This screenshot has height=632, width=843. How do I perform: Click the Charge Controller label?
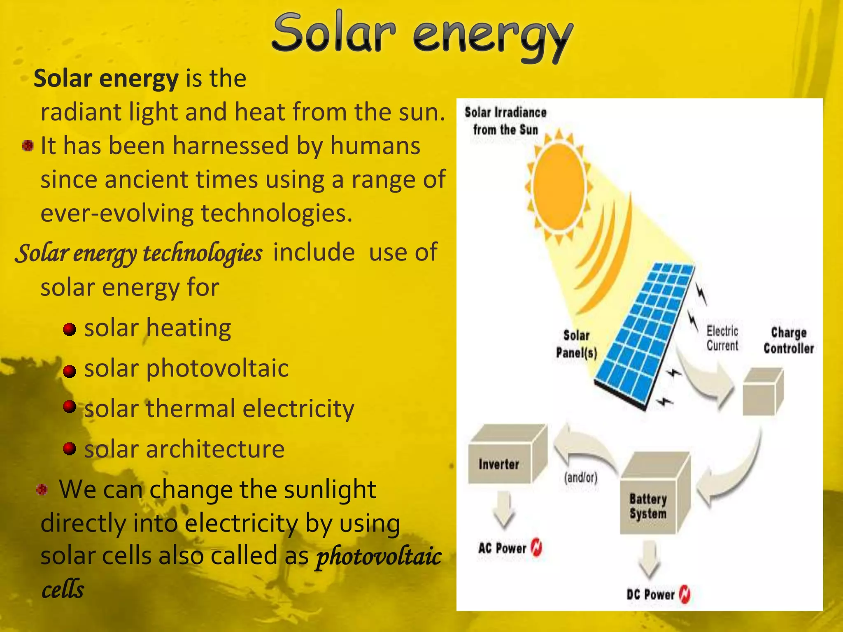coord(788,340)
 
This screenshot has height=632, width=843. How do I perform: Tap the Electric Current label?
coord(722,338)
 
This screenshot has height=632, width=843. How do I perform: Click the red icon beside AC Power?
coord(537,547)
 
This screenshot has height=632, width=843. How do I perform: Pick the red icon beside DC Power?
coord(685,594)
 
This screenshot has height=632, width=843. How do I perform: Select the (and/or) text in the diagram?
coord(580,477)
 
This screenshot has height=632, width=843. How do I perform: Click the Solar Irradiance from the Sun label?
coord(505,121)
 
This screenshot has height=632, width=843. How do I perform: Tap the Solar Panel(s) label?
coord(576,344)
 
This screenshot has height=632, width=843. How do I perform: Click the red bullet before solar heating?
coord(70,329)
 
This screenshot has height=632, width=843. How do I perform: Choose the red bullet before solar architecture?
coord(70,448)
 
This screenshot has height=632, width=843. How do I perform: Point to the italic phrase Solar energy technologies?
coord(139,253)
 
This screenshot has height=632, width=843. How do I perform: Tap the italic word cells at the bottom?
coord(63,589)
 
